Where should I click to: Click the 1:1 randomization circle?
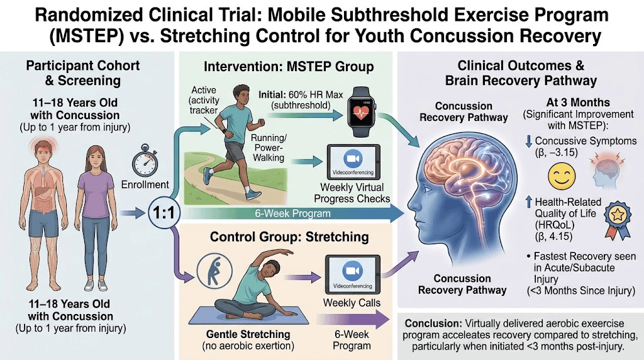pos(164,213)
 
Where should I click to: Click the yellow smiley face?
pos(562,176)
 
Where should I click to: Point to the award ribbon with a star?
pos(618,219)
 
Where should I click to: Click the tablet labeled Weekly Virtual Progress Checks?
pos(353,162)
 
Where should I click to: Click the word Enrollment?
pos(145,185)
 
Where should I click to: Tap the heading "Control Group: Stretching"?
pos(289,237)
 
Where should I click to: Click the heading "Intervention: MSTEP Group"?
pos(289,67)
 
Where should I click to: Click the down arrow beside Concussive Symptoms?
pos(528,141)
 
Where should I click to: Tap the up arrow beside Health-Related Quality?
pos(529,202)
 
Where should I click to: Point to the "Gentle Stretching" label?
pos(248,334)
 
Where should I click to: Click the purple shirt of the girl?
pos(96,194)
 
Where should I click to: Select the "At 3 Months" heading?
pos(578,103)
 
